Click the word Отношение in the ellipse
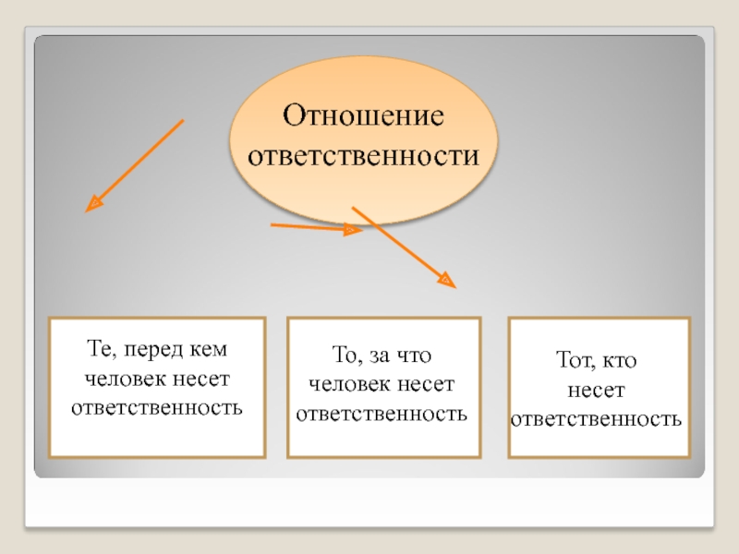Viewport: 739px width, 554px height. point(363,117)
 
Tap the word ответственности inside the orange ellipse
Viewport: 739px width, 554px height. point(363,154)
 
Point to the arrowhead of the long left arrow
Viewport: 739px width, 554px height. point(92,205)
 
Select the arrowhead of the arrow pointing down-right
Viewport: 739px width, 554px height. point(447,279)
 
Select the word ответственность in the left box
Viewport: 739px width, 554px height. point(157,405)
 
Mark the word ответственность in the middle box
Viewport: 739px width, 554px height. point(382,412)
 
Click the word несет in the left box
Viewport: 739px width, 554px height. point(200,379)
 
